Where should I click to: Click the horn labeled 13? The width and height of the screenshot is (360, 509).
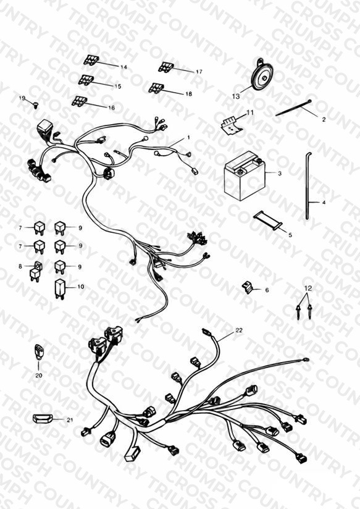[262, 75]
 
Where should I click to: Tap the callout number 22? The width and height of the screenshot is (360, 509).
[239, 330]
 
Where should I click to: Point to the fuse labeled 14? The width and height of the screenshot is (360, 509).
[91, 61]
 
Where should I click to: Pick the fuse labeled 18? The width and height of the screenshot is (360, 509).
[156, 88]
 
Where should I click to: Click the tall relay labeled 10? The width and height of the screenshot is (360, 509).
[60, 288]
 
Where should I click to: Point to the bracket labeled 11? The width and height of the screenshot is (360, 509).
[232, 125]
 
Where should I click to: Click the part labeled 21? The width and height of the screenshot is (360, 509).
[43, 419]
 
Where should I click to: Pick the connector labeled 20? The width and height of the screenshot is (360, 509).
[39, 352]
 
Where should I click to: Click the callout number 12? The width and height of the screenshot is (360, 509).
[308, 288]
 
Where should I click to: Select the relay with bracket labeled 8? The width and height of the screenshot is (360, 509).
[35, 271]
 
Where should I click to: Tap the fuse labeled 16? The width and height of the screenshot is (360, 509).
[79, 101]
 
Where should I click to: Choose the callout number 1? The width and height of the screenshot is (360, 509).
[188, 138]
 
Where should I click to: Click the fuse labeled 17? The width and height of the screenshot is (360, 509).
[166, 67]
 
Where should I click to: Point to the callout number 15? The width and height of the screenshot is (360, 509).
[118, 86]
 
